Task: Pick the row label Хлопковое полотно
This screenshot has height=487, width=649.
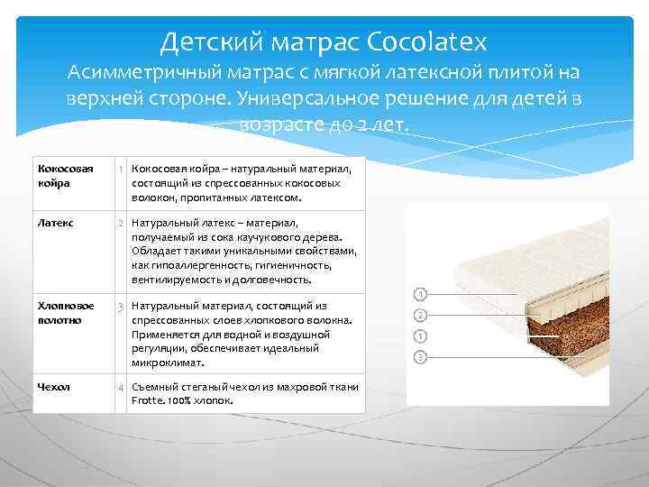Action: pyautogui.click(x=64, y=313)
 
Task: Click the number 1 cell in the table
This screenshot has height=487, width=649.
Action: pyautogui.click(x=120, y=169)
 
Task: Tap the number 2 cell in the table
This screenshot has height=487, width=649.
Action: pyautogui.click(x=120, y=222)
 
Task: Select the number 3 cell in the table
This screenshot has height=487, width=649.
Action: pyautogui.click(x=120, y=308)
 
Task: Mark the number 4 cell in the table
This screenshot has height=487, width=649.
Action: pyautogui.click(x=120, y=388)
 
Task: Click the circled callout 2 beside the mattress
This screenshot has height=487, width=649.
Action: pyautogui.click(x=420, y=315)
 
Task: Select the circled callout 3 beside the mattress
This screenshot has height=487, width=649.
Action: pyautogui.click(x=420, y=357)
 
